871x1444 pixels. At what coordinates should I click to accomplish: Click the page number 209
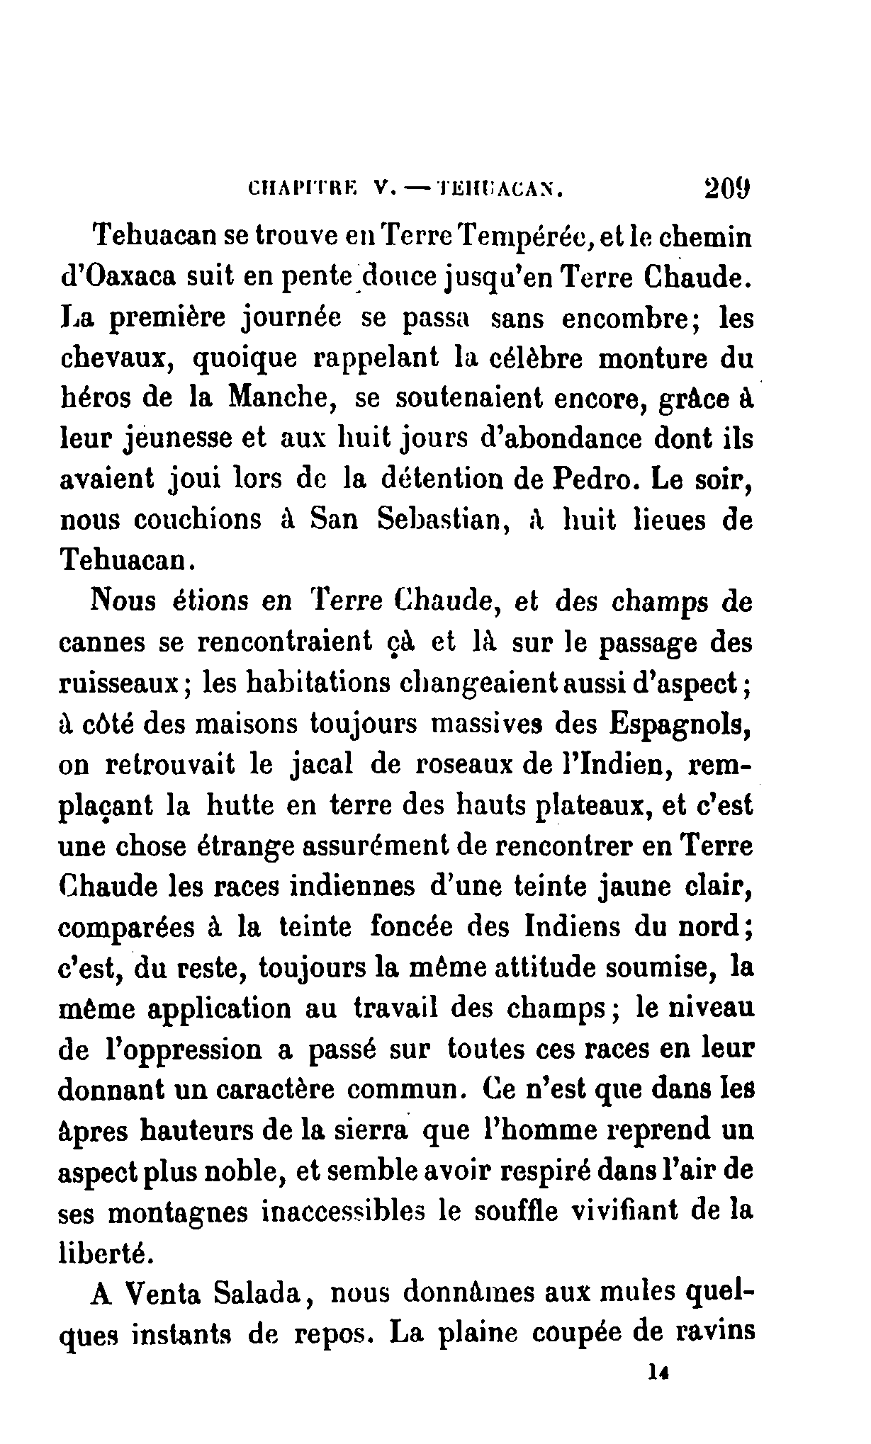coord(727,191)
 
